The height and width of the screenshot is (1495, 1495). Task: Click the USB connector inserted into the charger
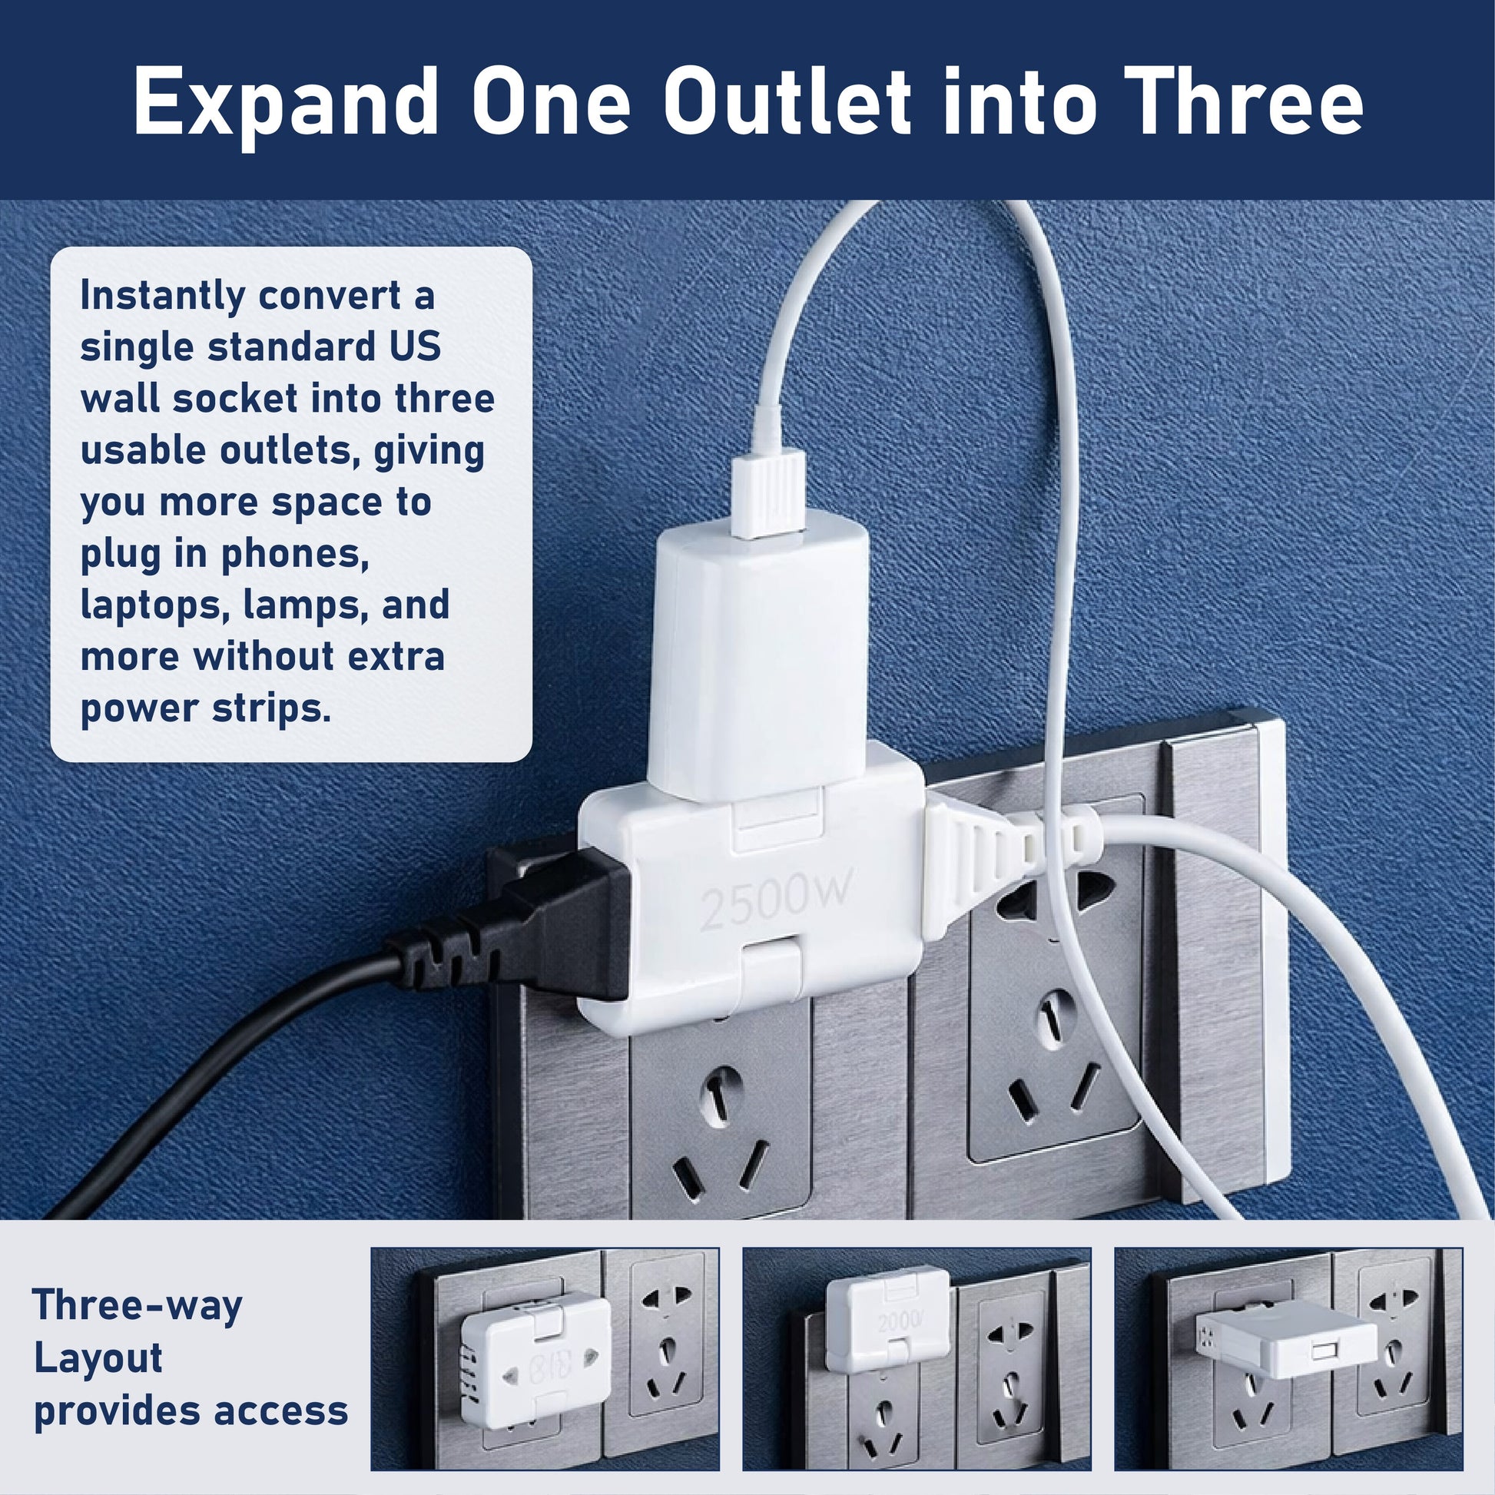pyautogui.click(x=770, y=496)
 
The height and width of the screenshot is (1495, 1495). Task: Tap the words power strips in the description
pyautogui.click(x=206, y=708)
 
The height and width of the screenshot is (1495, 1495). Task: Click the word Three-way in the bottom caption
pyautogui.click(x=138, y=1305)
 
